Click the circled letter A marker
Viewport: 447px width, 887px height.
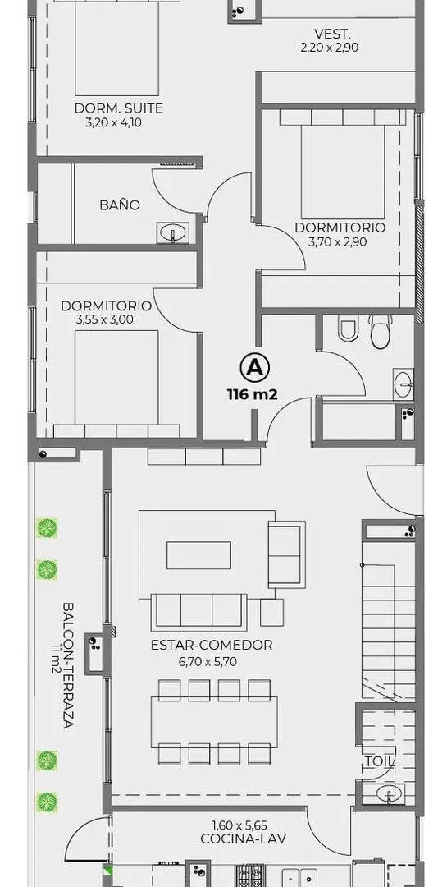click(x=254, y=368)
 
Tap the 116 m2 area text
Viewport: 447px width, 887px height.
click(x=252, y=395)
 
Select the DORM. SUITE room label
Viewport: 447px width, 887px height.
click(x=119, y=108)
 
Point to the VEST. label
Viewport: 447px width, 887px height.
click(x=330, y=34)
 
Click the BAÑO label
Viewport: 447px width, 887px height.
click(x=120, y=205)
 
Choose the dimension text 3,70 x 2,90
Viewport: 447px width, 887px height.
click(x=337, y=242)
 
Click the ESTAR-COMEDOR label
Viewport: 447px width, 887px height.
click(x=212, y=645)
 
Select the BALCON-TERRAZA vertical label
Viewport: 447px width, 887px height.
click(x=68, y=664)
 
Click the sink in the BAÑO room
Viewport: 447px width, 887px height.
click(x=173, y=232)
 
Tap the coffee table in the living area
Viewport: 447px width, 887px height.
click(x=199, y=555)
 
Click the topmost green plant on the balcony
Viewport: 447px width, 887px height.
click(x=47, y=528)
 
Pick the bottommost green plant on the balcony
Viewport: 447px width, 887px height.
click(x=47, y=802)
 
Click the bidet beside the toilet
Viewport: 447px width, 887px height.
click(x=348, y=328)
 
